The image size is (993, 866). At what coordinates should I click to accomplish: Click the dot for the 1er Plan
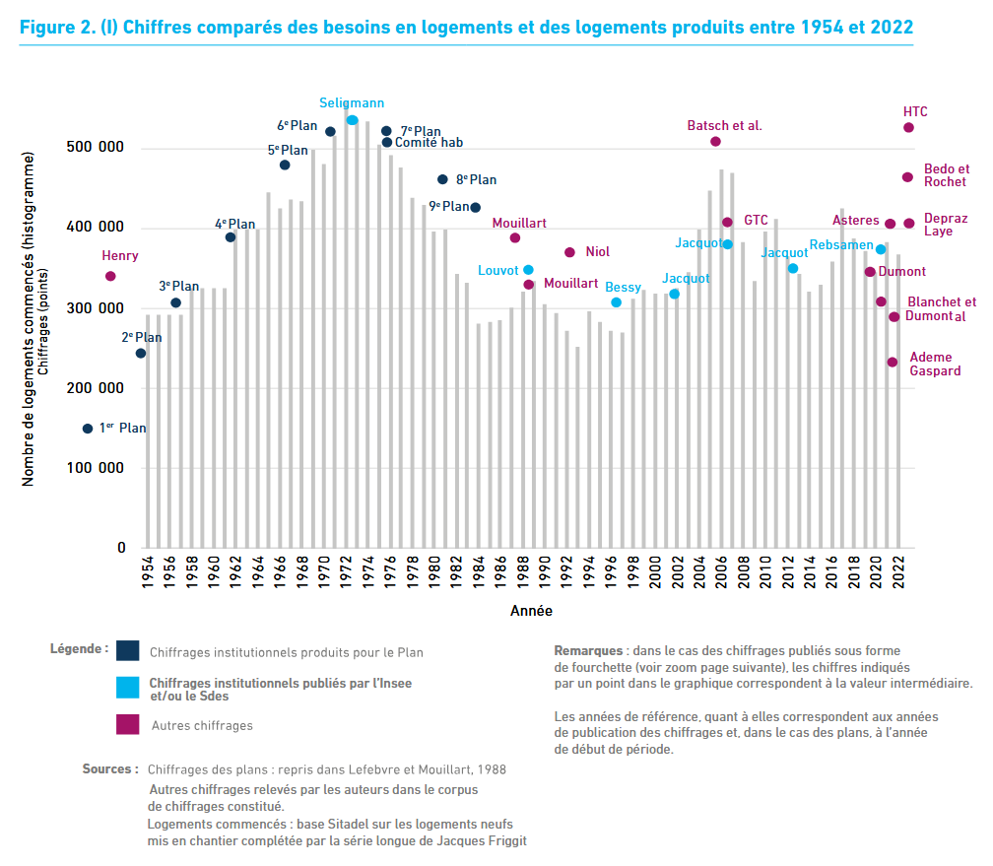tap(88, 429)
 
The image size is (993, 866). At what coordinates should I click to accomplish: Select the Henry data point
tap(110, 276)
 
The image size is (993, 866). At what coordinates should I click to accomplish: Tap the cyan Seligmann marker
tap(352, 120)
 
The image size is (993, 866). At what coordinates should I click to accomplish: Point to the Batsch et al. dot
tap(715, 142)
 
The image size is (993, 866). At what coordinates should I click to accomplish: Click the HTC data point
tap(908, 127)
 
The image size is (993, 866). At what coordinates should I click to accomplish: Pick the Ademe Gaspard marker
tap(893, 363)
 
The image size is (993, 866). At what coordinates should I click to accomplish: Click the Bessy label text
tap(623, 287)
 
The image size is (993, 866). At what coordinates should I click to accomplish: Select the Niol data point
tap(569, 252)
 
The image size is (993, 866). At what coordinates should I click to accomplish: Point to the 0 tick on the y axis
tap(121, 548)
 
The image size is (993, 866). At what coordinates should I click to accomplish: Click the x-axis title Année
tap(531, 611)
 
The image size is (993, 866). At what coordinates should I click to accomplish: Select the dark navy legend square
tap(127, 650)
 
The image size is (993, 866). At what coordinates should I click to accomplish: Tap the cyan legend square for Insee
tap(127, 688)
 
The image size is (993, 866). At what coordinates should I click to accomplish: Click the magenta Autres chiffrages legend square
tap(127, 724)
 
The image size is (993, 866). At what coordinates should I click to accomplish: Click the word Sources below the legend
tap(107, 768)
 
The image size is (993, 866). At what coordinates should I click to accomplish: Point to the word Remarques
tap(588, 651)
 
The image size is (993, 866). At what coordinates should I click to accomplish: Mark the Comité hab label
tap(429, 143)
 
